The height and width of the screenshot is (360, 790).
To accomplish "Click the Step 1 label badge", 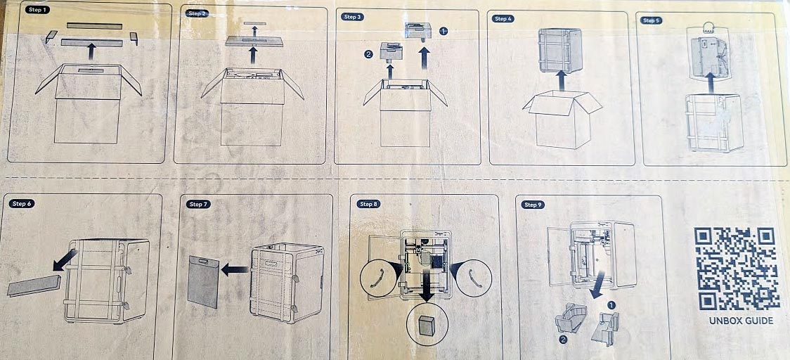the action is click(x=37, y=10).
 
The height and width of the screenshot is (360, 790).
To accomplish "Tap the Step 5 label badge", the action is click(x=651, y=20).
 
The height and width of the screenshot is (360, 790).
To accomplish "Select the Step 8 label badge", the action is click(x=368, y=204).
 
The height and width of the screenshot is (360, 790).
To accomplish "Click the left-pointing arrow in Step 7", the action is click(x=235, y=269).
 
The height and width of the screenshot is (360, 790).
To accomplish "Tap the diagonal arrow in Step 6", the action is click(x=65, y=259).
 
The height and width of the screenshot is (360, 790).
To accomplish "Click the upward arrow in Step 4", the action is click(x=562, y=81).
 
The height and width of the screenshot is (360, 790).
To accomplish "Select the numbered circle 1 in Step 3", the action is click(x=443, y=31).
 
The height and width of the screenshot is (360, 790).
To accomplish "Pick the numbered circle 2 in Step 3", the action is click(x=368, y=54).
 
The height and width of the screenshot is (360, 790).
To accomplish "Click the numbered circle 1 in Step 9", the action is click(x=611, y=305).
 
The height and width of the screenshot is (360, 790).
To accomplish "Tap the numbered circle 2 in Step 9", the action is click(x=563, y=340).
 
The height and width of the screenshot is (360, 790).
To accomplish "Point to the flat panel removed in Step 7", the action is click(x=204, y=281).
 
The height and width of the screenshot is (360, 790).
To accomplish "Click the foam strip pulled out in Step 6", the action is click(x=34, y=286).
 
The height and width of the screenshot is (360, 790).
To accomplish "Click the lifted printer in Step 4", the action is click(x=559, y=51).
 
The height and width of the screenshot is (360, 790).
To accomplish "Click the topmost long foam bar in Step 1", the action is click(x=94, y=26).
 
